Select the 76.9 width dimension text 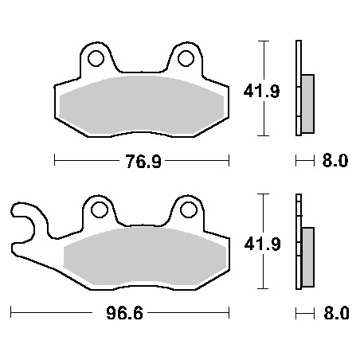tap(141, 162)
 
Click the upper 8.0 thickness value tap(335, 162)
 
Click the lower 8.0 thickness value tap(335, 313)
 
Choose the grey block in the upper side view tap(307, 104)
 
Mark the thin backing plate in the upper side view tap(298, 88)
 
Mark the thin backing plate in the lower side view tap(298, 239)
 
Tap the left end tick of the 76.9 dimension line tap(54, 162)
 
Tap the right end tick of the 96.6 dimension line tap(229, 313)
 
